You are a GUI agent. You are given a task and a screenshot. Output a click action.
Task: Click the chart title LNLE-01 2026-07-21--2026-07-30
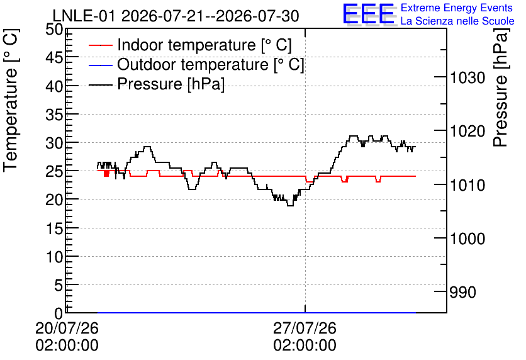click(x=176, y=16)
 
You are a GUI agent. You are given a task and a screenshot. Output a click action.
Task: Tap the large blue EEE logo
click(x=369, y=14)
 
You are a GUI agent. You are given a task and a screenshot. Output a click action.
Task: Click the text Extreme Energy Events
click(x=457, y=8)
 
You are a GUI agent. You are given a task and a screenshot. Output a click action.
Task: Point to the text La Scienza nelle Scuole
click(x=457, y=21)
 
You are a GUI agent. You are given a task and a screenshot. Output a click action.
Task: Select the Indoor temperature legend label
click(x=204, y=45)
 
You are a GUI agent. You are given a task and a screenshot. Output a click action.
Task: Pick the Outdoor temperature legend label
click(x=210, y=64)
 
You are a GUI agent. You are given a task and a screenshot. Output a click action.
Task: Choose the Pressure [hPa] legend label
click(x=171, y=84)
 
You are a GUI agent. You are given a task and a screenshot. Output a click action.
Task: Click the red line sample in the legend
click(x=100, y=45)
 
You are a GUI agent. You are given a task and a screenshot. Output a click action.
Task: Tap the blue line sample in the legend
click(x=100, y=65)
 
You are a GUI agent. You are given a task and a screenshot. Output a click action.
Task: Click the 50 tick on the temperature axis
click(x=54, y=30)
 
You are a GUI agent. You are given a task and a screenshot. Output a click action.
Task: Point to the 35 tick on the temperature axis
click(x=54, y=115)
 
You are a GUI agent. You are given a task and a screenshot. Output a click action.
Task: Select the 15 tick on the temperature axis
click(x=54, y=228)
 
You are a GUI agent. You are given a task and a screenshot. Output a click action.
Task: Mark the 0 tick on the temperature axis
click(x=59, y=313)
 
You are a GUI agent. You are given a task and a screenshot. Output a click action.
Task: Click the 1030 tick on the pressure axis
click(x=467, y=78)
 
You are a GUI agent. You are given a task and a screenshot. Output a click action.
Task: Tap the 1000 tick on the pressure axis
click(x=467, y=239)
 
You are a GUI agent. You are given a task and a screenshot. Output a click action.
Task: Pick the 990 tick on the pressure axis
click(x=462, y=292)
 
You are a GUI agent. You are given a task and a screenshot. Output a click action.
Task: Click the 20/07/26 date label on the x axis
click(x=67, y=328)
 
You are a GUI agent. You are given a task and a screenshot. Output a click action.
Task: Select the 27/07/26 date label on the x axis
click(x=305, y=328)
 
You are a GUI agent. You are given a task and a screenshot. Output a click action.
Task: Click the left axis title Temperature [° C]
click(x=11, y=101)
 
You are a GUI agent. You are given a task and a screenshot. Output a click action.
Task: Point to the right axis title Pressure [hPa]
click(x=501, y=88)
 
